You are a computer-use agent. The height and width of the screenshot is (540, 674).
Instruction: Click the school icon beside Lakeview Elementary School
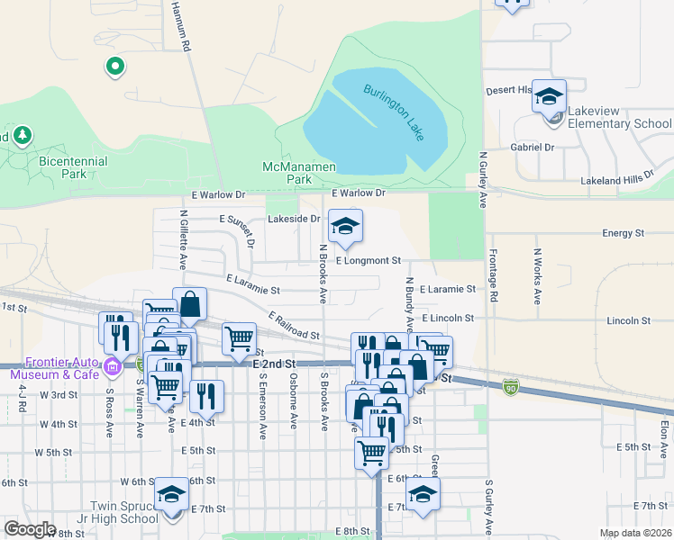click(548, 98)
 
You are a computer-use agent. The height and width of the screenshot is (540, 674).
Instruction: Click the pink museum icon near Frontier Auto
click(112, 366)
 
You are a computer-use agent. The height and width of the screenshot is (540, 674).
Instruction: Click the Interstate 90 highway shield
click(510, 387)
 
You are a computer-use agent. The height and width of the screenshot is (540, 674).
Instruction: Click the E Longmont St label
click(368, 260)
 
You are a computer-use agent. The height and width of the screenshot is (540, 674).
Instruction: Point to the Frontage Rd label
click(493, 274)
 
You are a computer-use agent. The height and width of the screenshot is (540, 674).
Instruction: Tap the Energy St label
click(624, 233)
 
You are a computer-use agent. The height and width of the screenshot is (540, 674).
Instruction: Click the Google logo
click(30, 529)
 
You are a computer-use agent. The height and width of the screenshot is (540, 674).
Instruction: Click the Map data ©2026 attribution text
click(635, 533)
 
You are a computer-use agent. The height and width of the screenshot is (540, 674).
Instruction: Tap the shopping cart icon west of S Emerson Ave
click(239, 339)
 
